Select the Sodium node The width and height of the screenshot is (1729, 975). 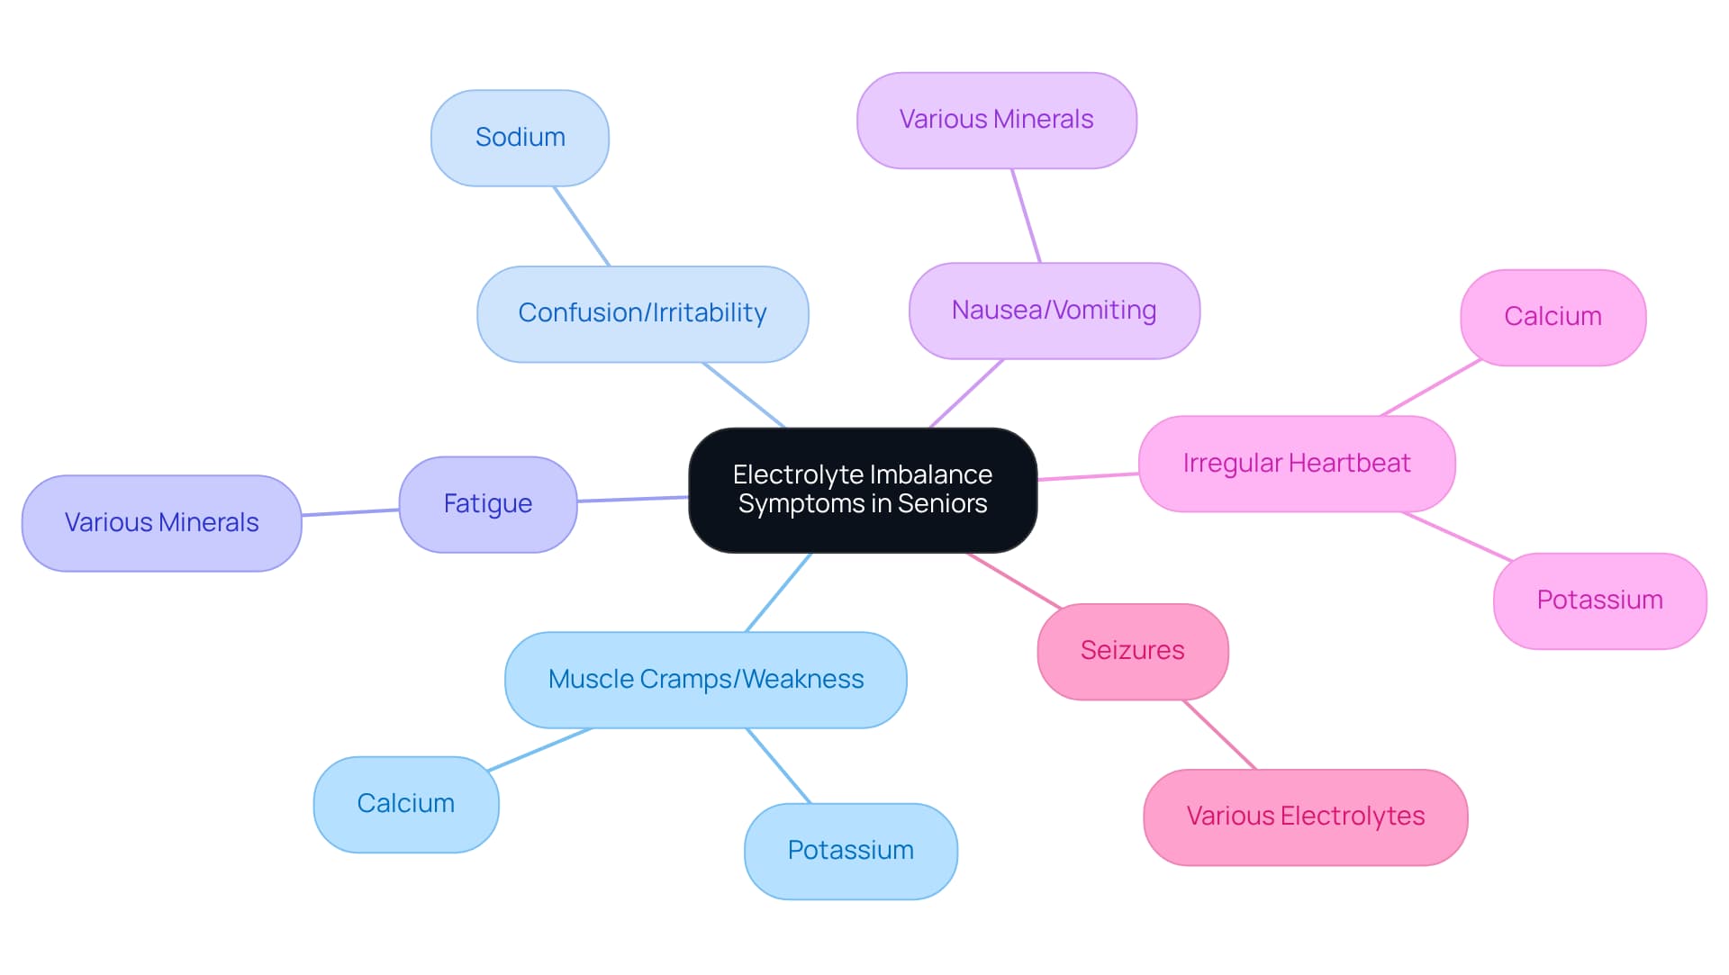(x=520, y=138)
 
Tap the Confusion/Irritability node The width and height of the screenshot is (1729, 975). (x=642, y=313)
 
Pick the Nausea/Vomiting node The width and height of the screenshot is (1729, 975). (x=1054, y=311)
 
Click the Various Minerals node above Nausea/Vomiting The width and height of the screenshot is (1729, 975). (x=996, y=120)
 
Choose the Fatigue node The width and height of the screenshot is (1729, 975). (x=487, y=504)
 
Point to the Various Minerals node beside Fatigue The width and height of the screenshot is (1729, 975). (x=161, y=523)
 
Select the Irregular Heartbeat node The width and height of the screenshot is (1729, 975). (x=1296, y=464)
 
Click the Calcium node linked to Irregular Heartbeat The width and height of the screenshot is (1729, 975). (x=1552, y=317)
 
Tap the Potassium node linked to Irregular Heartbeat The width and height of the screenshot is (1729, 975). (x=1599, y=600)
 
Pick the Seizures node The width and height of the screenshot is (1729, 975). (x=1132, y=651)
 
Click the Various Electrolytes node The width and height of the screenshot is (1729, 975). (x=1305, y=817)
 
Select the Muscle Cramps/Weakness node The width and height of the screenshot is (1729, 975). (x=705, y=680)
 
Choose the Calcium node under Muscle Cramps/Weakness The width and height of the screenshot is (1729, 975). (x=405, y=804)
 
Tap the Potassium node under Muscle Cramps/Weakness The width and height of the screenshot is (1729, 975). (x=850, y=851)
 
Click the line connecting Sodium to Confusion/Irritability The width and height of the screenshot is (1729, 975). (x=582, y=226)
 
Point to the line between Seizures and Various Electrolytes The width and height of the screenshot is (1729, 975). (x=1219, y=735)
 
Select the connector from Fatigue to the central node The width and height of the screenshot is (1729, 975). (x=632, y=499)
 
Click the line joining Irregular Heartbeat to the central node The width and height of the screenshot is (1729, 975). (x=1088, y=476)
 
